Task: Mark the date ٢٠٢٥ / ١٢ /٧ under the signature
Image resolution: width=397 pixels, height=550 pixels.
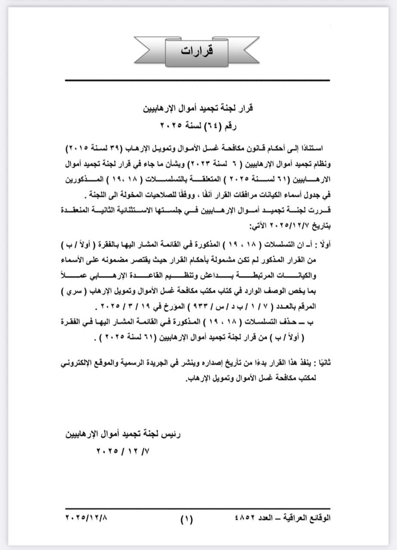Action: point(125,452)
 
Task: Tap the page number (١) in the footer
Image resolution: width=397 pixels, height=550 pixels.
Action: point(186,518)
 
